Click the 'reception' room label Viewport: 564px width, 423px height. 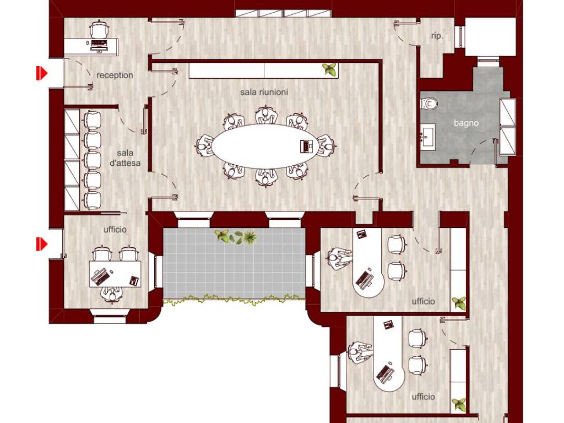pyautogui.click(x=115, y=75)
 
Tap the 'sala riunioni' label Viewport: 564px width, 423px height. pyautogui.click(x=264, y=92)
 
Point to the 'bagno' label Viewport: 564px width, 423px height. pyautogui.click(x=466, y=123)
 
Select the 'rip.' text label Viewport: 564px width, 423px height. pyautogui.click(x=437, y=36)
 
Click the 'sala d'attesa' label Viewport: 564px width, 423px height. pyautogui.click(x=125, y=158)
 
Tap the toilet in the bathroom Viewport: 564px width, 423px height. pyautogui.click(x=429, y=104)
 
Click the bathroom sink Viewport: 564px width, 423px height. pyautogui.click(x=427, y=135)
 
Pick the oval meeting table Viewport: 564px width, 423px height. pyautogui.click(x=265, y=146)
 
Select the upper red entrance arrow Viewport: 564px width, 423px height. pyautogui.click(x=41, y=73)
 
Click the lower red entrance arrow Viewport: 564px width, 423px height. pyautogui.click(x=41, y=244)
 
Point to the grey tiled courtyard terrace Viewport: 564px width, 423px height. pyautogui.click(x=234, y=264)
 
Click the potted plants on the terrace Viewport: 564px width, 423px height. pyautogui.click(x=236, y=237)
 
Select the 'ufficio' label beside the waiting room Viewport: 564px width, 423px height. pyautogui.click(x=115, y=230)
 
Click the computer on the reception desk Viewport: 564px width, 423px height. pyautogui.click(x=99, y=45)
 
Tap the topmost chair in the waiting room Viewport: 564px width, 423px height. pyautogui.click(x=92, y=120)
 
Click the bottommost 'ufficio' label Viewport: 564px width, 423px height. pyautogui.click(x=424, y=397)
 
